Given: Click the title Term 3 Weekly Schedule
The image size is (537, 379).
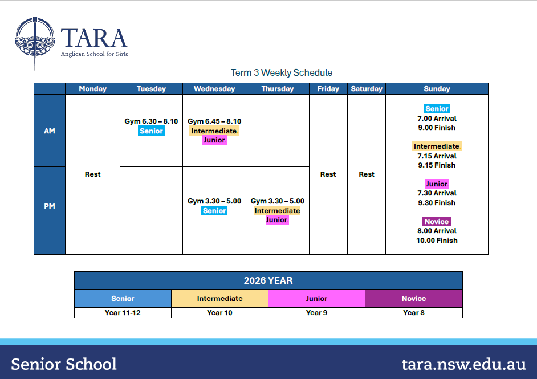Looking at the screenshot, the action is pyautogui.click(x=282, y=72).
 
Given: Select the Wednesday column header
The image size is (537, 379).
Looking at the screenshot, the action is pyautogui.click(x=214, y=89).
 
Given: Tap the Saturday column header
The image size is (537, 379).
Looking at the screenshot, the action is pyautogui.click(x=367, y=89).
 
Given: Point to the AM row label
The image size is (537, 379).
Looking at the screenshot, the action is pyautogui.click(x=50, y=131).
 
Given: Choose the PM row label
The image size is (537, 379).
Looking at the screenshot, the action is pyautogui.click(x=50, y=206).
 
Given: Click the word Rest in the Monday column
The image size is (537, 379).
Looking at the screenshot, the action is pyautogui.click(x=92, y=174).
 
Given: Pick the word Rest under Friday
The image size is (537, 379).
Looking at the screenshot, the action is pyautogui.click(x=328, y=174).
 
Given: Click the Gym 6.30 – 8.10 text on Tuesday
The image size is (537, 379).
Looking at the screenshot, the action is pyautogui.click(x=151, y=121).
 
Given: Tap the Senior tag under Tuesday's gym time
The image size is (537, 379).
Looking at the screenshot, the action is pyautogui.click(x=152, y=131).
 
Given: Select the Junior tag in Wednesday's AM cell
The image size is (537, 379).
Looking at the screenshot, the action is pyautogui.click(x=214, y=140).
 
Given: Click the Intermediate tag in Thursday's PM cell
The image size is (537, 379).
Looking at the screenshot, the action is pyautogui.click(x=278, y=210).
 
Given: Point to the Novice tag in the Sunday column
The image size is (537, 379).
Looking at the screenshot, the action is pyautogui.click(x=437, y=222).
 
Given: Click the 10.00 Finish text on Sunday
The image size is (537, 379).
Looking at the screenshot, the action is pyautogui.click(x=437, y=241).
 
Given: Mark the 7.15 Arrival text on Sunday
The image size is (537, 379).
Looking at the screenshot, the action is pyautogui.click(x=437, y=156).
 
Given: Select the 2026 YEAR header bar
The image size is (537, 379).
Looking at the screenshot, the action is pyautogui.click(x=268, y=280).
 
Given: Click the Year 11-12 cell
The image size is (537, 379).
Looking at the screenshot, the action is pyautogui.click(x=123, y=312).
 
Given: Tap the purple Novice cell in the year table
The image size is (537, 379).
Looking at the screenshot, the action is pyautogui.click(x=414, y=298).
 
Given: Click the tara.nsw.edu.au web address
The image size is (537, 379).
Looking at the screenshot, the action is pyautogui.click(x=463, y=364).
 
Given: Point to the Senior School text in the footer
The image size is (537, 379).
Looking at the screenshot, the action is pyautogui.click(x=64, y=364).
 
